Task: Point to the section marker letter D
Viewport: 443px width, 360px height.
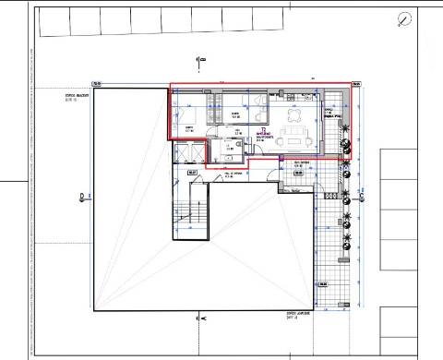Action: coord(83,196)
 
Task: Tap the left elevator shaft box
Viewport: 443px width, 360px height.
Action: coord(192,173)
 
